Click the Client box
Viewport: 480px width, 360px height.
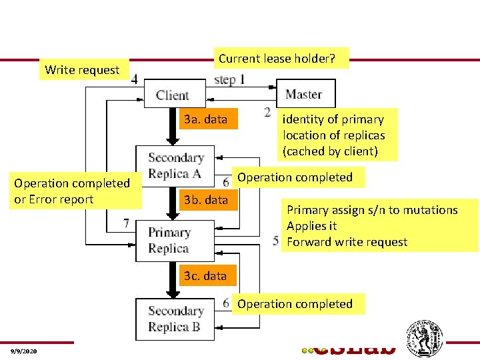coord(172,95)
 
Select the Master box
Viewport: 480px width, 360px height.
coord(303,94)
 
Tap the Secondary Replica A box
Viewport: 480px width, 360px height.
coord(175,166)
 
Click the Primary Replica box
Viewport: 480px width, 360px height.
coord(169,241)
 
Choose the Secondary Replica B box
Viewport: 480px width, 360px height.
coord(175,319)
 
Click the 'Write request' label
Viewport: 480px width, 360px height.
coord(82,69)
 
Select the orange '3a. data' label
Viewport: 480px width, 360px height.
coord(205,119)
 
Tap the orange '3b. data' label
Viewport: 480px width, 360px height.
coord(205,199)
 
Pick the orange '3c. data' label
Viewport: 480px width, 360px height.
coord(205,275)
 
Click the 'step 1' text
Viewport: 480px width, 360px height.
coord(229,80)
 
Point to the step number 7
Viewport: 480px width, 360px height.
coord(127,223)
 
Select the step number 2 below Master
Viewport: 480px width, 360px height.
coord(267,111)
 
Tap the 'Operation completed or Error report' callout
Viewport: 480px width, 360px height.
coord(72,191)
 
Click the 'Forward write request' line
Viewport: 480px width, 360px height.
coord(347,242)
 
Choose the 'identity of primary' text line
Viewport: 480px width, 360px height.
coord(333,119)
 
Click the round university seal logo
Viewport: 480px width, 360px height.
coord(425,338)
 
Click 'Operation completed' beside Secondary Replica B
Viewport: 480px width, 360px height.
coord(295,304)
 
